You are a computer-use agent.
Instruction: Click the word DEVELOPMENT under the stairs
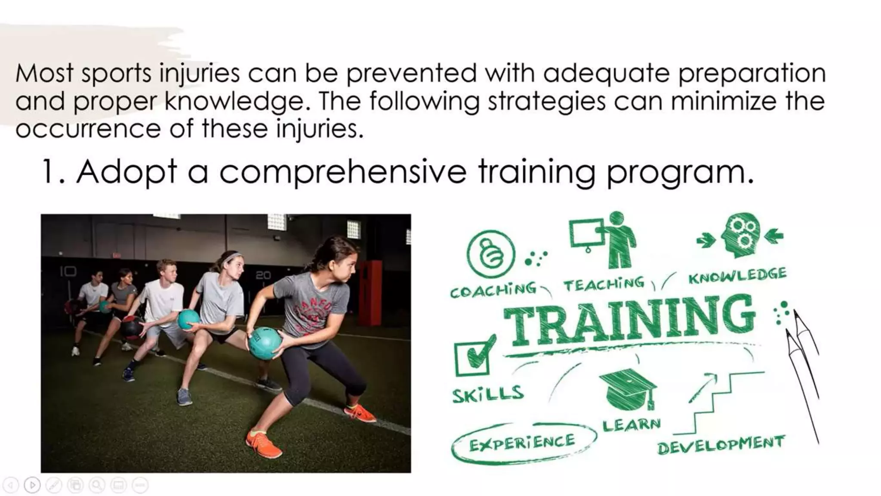coord(721,445)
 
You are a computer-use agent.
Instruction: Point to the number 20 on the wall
coord(263,275)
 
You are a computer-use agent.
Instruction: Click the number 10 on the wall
coord(68,271)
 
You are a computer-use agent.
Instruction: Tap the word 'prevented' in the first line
coord(411,73)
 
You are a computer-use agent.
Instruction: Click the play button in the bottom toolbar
coord(32,485)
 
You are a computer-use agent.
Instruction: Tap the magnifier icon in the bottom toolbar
coord(97,485)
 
